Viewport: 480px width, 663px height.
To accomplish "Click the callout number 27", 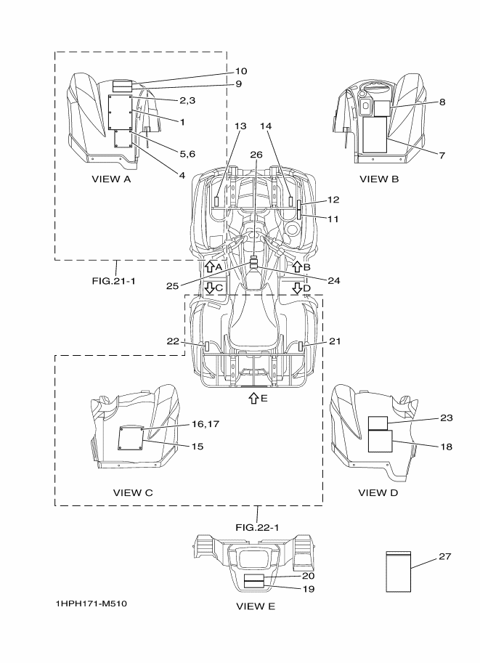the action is (444, 556).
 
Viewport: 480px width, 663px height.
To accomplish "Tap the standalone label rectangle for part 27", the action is (399, 572).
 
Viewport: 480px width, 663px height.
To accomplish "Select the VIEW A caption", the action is (111, 179).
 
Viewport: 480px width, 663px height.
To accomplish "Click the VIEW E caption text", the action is (256, 606).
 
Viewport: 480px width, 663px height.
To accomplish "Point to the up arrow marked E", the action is (253, 398).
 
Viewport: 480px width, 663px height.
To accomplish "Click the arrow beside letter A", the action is (209, 267).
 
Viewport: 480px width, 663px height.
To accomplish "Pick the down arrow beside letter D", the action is (297, 288).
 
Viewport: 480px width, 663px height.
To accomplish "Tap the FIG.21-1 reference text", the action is (114, 280).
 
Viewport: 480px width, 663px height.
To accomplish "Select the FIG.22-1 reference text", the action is (257, 527).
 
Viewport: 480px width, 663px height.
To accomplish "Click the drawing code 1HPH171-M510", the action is (91, 603).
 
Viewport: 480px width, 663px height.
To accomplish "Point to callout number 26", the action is (256, 155).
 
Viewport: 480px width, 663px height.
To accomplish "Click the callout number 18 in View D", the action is (446, 447).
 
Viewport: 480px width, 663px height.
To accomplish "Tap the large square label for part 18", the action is (381, 441).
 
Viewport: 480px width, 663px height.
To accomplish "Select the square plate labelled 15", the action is (130, 438).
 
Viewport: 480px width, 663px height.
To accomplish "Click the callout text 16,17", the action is (206, 423).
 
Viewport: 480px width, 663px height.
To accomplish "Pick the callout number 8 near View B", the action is (442, 102).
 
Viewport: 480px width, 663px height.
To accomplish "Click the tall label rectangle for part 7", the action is (375, 134).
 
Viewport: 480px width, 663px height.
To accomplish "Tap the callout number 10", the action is (241, 71).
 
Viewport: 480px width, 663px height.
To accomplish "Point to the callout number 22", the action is (173, 341).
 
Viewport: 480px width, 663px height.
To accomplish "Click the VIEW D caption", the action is (378, 492).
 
